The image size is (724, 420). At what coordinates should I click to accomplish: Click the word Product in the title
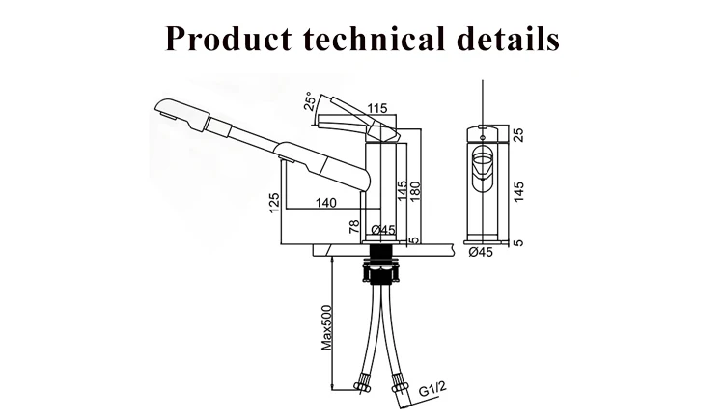[229, 38]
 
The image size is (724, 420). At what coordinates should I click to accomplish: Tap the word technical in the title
[374, 38]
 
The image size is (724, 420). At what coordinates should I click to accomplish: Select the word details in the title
[508, 38]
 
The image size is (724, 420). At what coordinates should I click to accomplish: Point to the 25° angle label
[310, 102]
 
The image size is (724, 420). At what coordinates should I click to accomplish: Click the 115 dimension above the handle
[376, 108]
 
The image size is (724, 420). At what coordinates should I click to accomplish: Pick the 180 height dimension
[415, 191]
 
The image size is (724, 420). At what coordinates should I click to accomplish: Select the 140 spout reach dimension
[326, 203]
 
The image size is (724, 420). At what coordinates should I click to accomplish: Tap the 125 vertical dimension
[274, 203]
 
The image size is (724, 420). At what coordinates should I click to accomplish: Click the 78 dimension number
[354, 226]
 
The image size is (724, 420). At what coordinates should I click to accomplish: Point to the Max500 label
[327, 327]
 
